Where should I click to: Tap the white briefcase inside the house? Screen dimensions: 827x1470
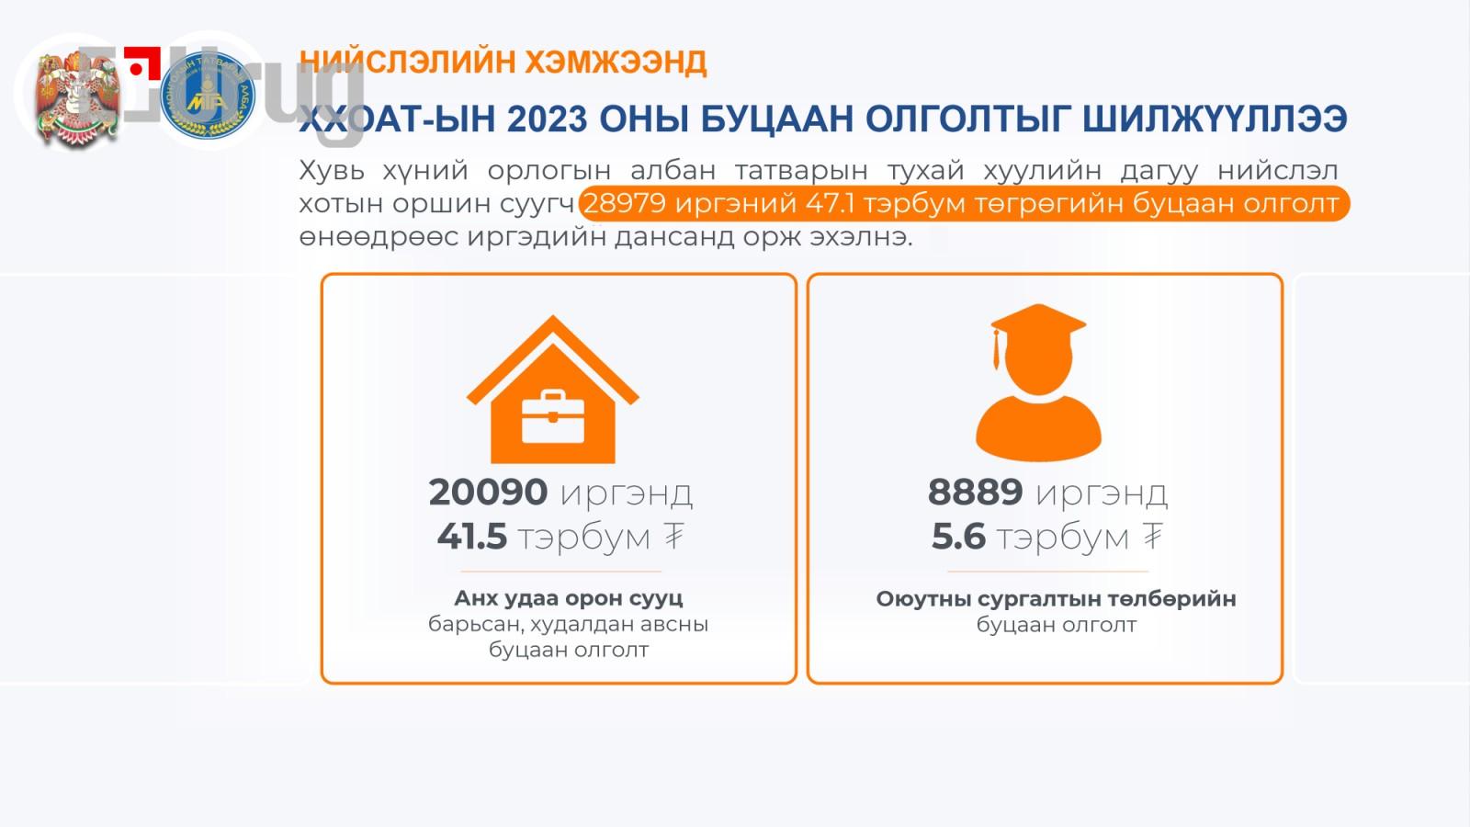pos(552,418)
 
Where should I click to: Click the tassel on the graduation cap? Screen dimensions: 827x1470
pos(995,349)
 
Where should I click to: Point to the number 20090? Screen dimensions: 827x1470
pos(488,493)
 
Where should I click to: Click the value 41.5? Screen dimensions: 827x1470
pos(471,537)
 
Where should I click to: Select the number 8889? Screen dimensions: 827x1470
pos(975,493)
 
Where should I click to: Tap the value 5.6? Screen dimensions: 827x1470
pos(958,537)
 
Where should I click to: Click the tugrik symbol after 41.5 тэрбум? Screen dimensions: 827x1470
pos(674,537)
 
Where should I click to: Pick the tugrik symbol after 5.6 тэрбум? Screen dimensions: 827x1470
pos(1153,537)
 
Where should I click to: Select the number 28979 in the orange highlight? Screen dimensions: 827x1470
pos(624,203)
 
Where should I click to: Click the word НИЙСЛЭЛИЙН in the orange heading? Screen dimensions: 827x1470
pos(409,62)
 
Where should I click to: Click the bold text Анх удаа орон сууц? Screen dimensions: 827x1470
pos(568,598)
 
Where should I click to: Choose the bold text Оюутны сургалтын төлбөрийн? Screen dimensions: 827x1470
pos(1056,599)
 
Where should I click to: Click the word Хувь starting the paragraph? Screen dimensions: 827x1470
pos(331,171)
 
